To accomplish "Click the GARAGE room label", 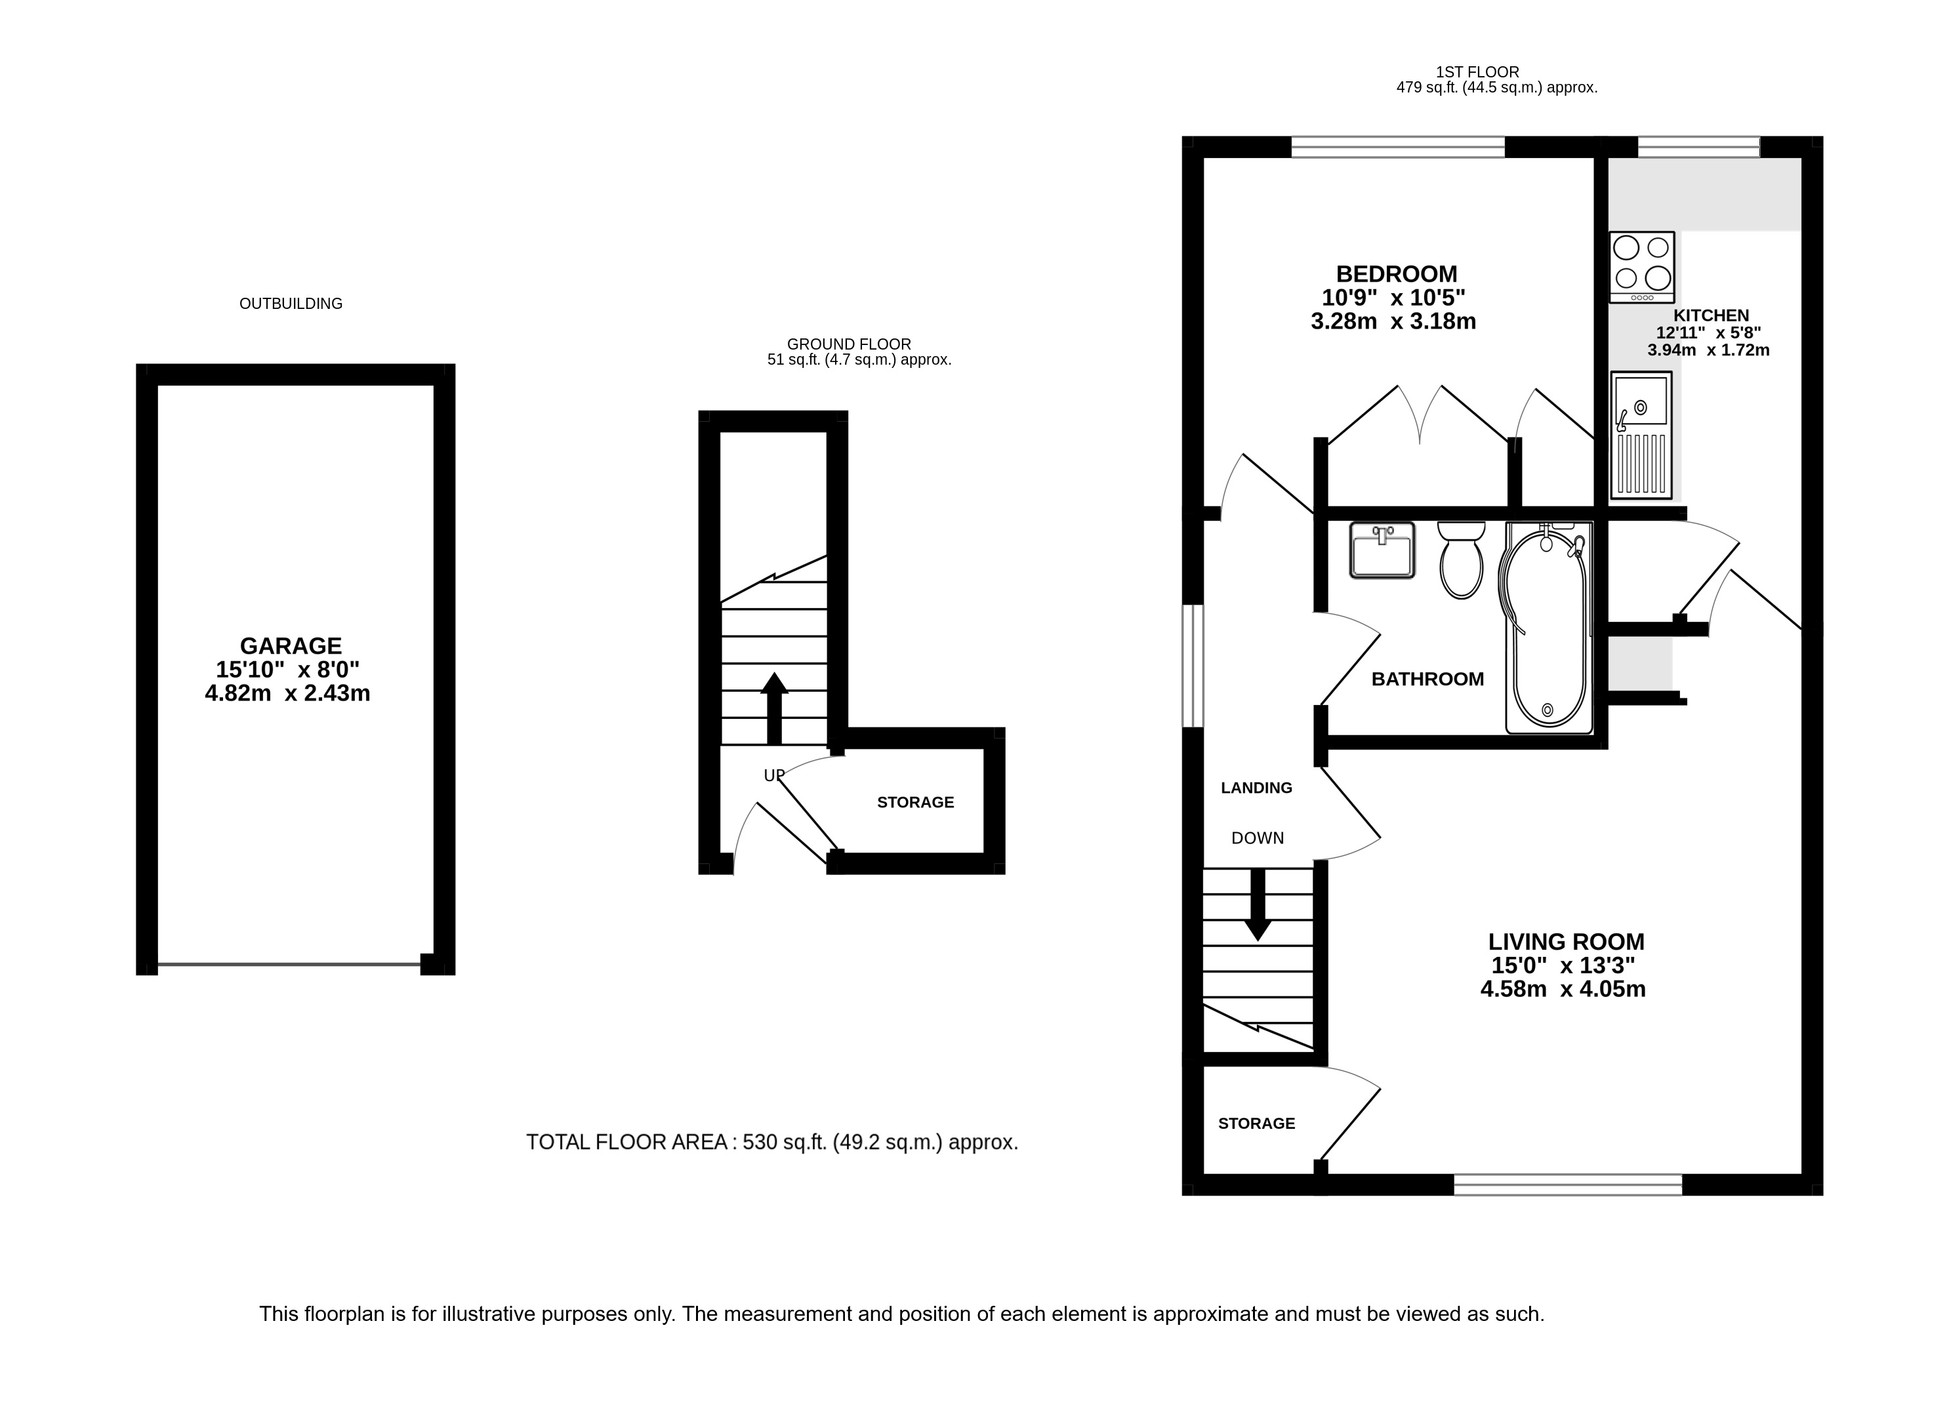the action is (x=291, y=645).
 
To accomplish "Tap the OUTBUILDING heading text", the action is (x=291, y=304).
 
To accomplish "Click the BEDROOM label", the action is (x=1397, y=274).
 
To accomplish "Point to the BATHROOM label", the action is (x=1427, y=679).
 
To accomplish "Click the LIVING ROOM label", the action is (x=1567, y=941).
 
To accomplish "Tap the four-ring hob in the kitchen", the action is (x=1641, y=268).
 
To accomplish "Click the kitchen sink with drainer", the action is (x=1641, y=436).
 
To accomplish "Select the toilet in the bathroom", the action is (x=1461, y=559).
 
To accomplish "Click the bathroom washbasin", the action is (x=1382, y=550).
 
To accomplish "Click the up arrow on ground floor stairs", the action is (x=773, y=707).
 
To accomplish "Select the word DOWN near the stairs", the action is (x=1257, y=838).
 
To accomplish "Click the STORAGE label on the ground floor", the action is (x=915, y=803).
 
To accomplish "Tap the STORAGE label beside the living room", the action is (x=1256, y=1124).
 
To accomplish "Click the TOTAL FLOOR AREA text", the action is (x=771, y=1142).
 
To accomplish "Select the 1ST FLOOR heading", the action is (x=1477, y=72).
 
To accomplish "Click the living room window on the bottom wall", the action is (x=1567, y=1185).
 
